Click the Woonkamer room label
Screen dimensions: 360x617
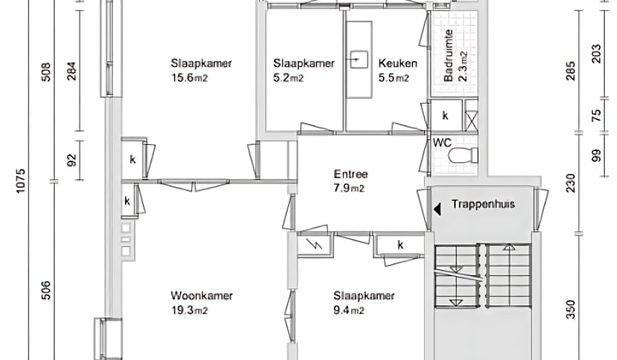tap(201, 296)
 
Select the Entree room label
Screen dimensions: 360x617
tap(350, 175)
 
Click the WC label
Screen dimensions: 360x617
tap(442, 142)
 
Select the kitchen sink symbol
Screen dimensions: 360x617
tap(358, 60)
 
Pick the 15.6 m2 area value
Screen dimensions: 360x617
tap(189, 78)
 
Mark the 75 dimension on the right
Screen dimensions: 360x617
tap(596, 117)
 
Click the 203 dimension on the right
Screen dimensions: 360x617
tap(596, 53)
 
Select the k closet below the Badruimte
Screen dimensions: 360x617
tap(445, 116)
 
